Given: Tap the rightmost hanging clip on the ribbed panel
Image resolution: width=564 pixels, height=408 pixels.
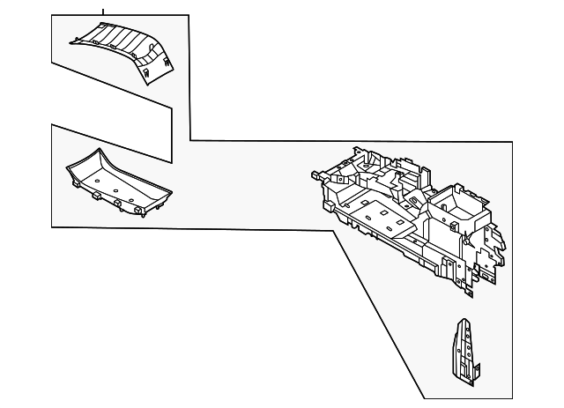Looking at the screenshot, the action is [x=165, y=63].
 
